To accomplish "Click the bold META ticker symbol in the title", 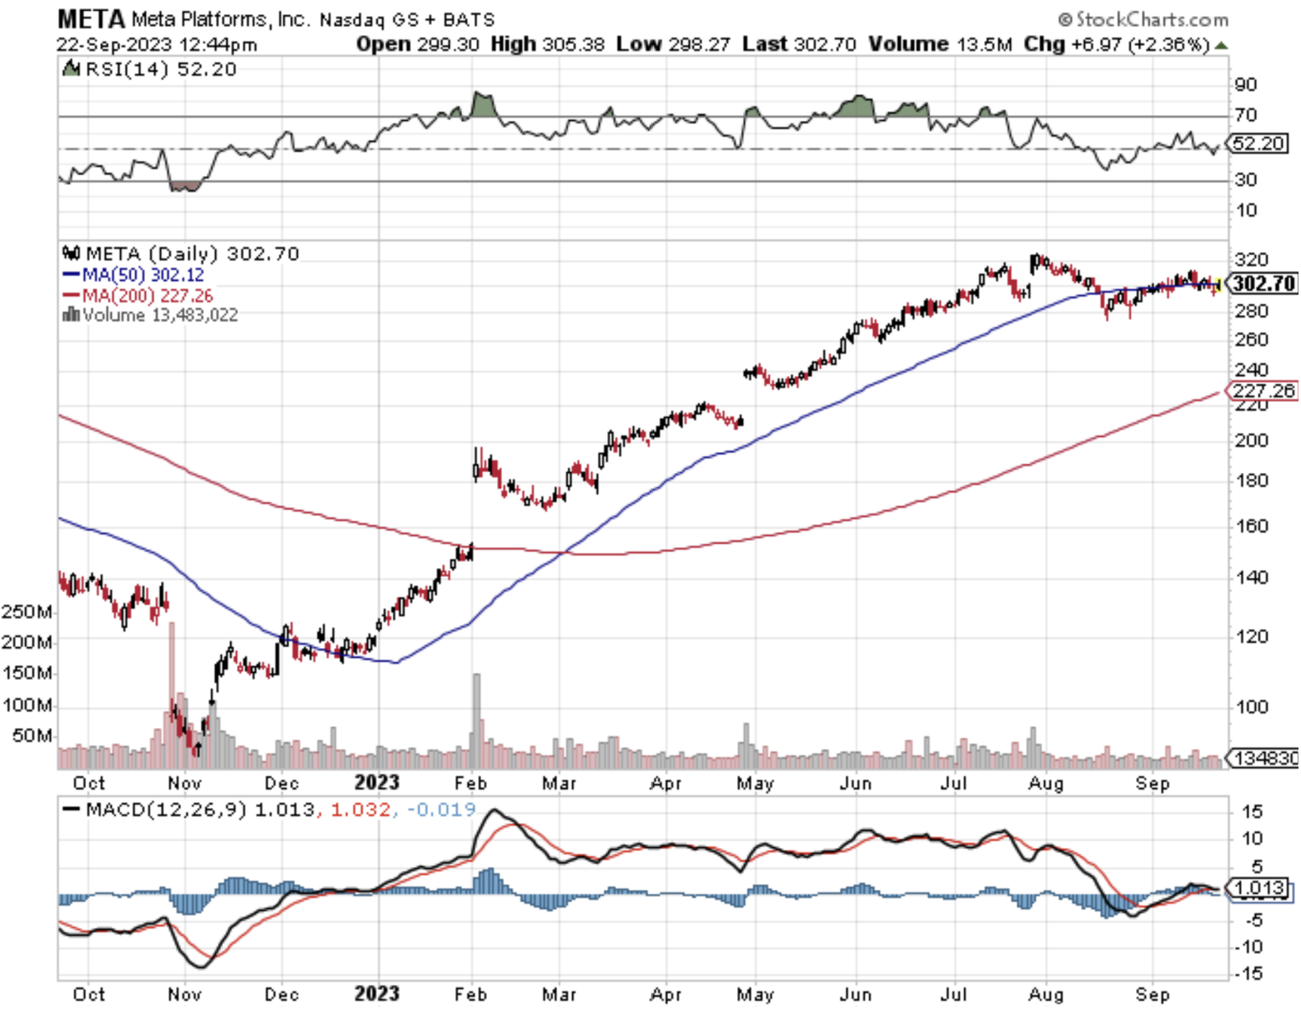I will click(x=91, y=18).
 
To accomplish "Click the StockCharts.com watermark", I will click(x=1143, y=19).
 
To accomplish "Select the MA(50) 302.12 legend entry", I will click(x=134, y=275).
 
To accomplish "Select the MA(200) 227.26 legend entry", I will click(x=138, y=296).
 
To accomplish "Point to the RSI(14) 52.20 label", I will click(x=151, y=69).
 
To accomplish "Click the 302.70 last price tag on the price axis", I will click(x=1264, y=284).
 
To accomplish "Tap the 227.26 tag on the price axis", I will click(x=1264, y=390).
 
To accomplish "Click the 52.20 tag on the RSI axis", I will click(x=1258, y=143).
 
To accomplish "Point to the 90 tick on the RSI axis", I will click(x=1246, y=84).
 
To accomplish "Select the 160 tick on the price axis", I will click(x=1251, y=526).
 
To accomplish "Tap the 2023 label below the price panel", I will click(x=377, y=782).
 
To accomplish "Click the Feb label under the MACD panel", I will click(x=470, y=994).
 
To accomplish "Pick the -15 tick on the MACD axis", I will click(x=1248, y=973).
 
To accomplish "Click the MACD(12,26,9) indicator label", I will click(x=156, y=810).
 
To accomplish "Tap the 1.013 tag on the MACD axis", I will click(x=1258, y=887).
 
